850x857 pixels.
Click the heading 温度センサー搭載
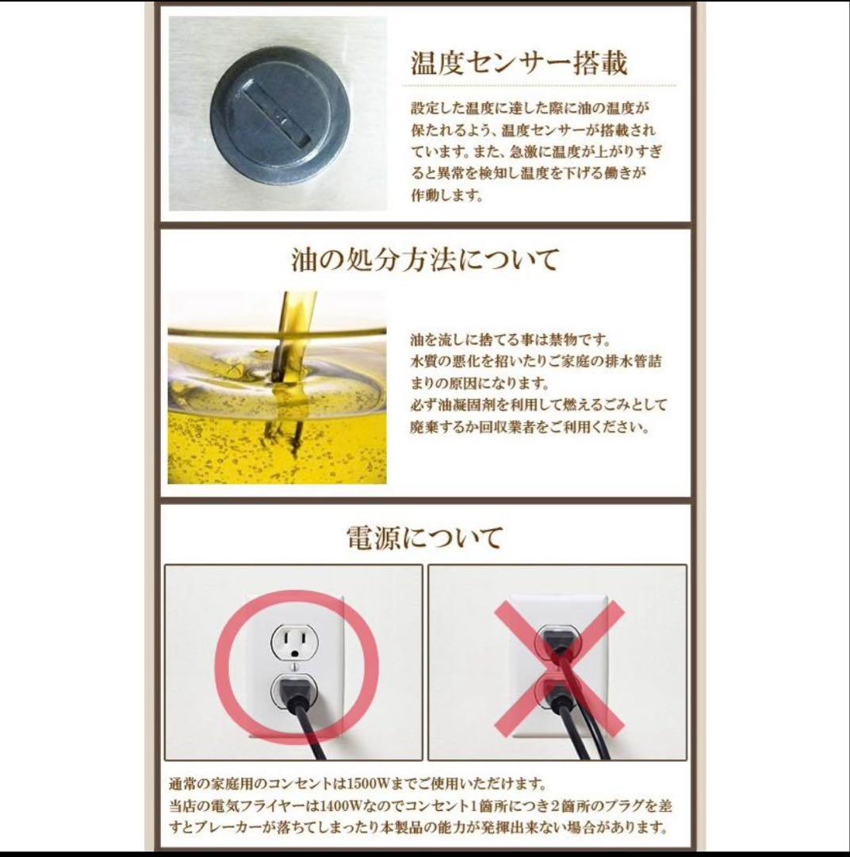(x=519, y=62)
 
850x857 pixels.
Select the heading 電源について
(x=424, y=537)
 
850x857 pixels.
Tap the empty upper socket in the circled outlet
(x=294, y=640)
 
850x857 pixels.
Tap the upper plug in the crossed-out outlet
(x=557, y=639)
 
